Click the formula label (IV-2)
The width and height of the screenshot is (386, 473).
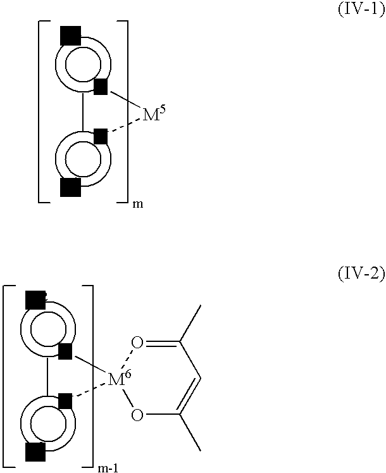click(x=361, y=274)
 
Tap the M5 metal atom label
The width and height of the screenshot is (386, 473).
click(x=154, y=113)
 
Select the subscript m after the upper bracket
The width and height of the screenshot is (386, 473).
click(x=138, y=205)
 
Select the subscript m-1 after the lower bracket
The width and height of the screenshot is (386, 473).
click(x=108, y=469)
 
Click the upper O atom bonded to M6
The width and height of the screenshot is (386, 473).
click(x=137, y=343)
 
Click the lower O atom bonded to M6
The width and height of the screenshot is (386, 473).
click(x=137, y=415)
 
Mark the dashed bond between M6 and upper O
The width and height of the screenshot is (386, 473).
click(x=126, y=359)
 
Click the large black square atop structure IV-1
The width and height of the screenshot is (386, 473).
click(x=71, y=35)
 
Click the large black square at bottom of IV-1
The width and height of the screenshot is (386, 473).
click(x=71, y=187)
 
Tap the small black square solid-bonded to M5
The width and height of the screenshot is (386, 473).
click(x=101, y=87)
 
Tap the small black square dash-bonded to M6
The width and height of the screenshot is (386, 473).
click(x=65, y=401)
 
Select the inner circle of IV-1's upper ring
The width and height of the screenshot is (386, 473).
click(x=84, y=64)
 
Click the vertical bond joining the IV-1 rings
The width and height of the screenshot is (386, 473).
click(x=83, y=111)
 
